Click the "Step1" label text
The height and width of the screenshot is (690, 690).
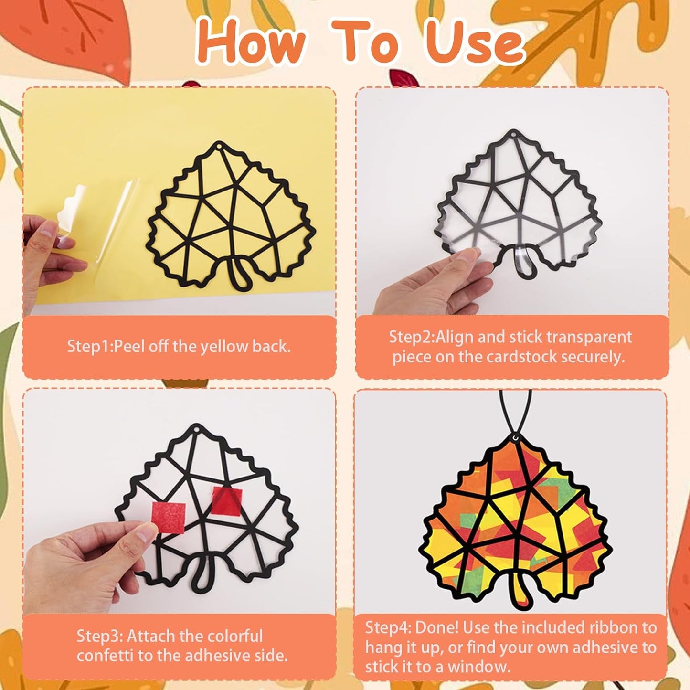[88, 346]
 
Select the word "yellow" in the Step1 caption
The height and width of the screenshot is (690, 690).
[224, 346]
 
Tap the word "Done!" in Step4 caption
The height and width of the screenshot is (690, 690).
[436, 627]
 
